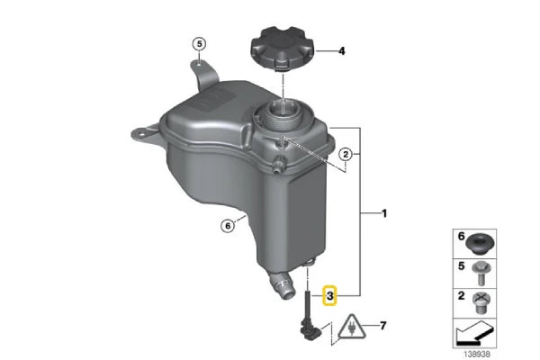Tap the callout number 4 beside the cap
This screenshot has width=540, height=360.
click(341, 52)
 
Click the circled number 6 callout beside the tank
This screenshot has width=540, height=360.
click(229, 225)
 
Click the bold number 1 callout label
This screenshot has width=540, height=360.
click(385, 214)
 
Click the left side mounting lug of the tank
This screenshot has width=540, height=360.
click(139, 133)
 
